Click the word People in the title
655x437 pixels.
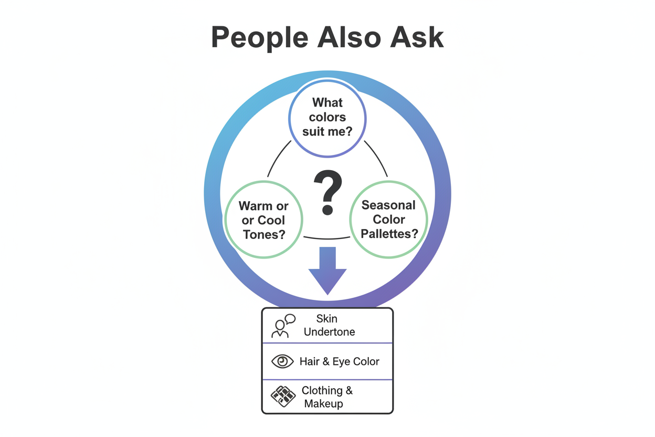click(x=260, y=38)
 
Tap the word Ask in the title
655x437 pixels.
click(x=417, y=37)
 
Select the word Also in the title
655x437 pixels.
click(x=349, y=37)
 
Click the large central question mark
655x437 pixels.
click(x=327, y=192)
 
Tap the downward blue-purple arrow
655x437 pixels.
click(x=327, y=270)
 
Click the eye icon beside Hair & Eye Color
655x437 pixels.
click(x=282, y=361)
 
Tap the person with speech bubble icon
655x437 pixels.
click(x=283, y=326)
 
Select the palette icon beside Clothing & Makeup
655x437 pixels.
click(x=283, y=397)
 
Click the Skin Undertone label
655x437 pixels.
click(x=329, y=325)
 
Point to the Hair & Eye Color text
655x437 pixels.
click(x=340, y=361)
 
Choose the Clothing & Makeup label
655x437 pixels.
click(x=327, y=397)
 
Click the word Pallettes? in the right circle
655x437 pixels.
click(x=389, y=234)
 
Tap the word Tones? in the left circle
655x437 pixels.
click(x=264, y=234)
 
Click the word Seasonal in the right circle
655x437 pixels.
click(x=388, y=205)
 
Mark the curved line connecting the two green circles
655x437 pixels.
click(x=327, y=238)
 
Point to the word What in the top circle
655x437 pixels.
click(x=327, y=102)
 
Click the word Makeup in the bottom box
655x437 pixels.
click(x=323, y=403)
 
